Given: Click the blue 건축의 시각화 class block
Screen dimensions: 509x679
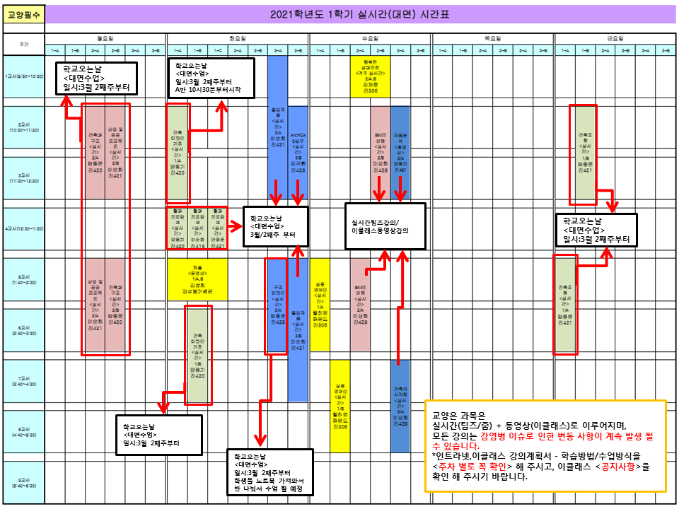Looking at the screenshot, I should coord(400,406).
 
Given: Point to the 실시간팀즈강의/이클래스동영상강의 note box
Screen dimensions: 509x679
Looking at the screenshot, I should coord(385,226).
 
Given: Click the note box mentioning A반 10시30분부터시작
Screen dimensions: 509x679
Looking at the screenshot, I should coord(210,78).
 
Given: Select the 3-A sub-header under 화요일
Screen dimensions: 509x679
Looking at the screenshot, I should coord(278,50).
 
